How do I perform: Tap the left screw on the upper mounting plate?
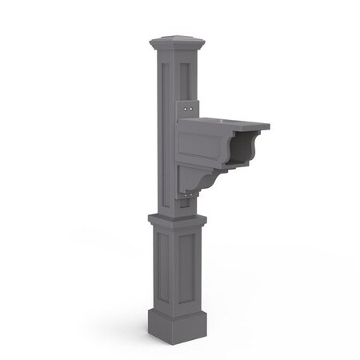tap(185, 104)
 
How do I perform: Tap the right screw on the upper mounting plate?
tap(193, 102)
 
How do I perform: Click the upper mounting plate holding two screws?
tap(190, 103)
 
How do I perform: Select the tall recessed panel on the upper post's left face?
tap(158, 128)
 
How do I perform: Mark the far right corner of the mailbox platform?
tap(269, 126)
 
